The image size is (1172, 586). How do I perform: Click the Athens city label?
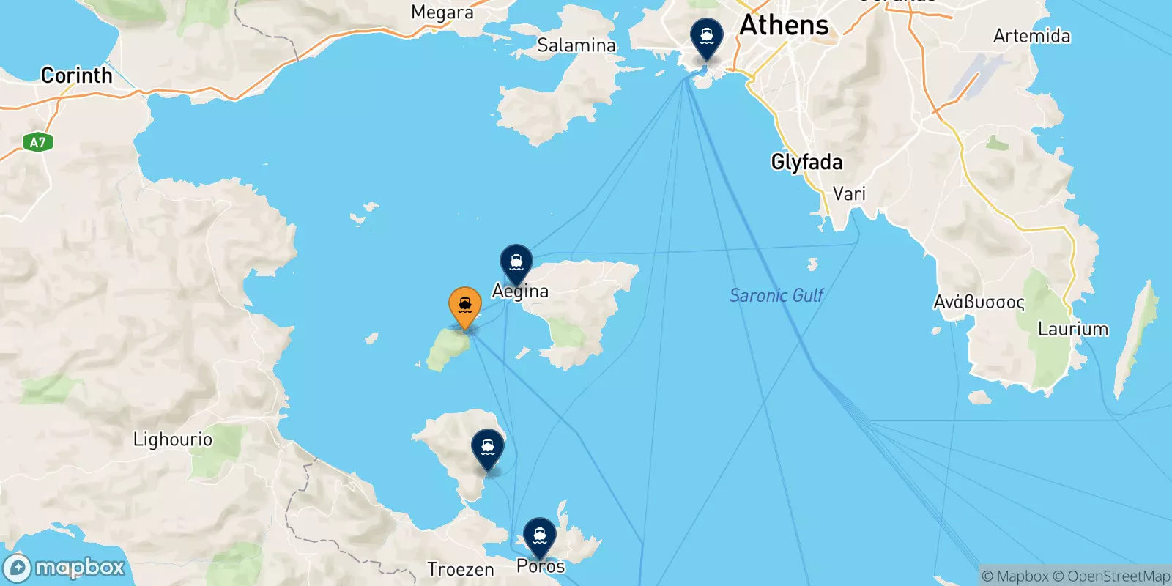click(784, 26)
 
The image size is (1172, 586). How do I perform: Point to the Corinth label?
click(76, 75)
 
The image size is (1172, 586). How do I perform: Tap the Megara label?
click(442, 12)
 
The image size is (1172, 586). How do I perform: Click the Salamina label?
click(576, 45)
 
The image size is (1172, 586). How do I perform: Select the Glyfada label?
click(806, 162)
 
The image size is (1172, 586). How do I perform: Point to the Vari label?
click(849, 194)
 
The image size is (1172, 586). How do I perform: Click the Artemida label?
click(1031, 36)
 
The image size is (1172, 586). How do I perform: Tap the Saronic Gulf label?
click(776, 295)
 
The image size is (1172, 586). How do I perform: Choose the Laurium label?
click(1072, 329)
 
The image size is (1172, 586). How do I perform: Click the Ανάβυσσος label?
click(979, 302)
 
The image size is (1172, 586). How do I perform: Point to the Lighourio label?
click(172, 439)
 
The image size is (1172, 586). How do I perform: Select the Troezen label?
click(460, 569)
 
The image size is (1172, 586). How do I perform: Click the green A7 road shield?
click(37, 142)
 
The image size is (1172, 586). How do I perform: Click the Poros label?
click(541, 566)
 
